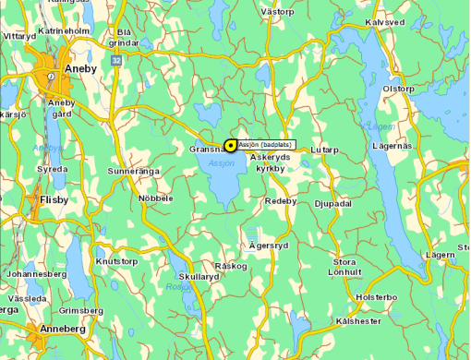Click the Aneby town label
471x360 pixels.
point(79,68)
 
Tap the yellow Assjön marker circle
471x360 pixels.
point(230,145)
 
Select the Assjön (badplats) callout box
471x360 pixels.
point(266,145)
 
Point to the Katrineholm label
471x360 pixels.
point(63,30)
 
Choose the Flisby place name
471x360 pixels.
point(54,198)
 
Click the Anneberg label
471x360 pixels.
point(62,329)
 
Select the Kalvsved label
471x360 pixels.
point(385,21)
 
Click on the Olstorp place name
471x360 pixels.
point(399,89)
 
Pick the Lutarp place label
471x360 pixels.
point(325,150)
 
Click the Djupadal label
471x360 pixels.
point(332,203)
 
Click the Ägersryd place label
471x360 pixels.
point(269,246)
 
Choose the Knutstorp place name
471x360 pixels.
point(116,261)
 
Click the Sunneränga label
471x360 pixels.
point(134,171)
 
